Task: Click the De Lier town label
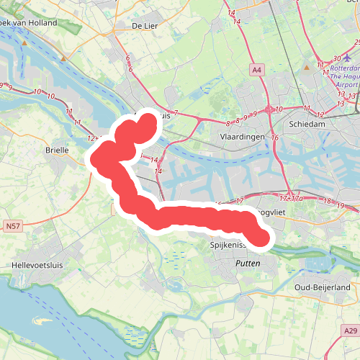coord(145,26)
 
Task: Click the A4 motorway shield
coord(257,69)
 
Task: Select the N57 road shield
coord(12,226)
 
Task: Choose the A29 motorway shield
coord(350,330)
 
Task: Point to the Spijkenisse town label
coord(228,246)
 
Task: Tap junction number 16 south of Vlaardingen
coord(274,137)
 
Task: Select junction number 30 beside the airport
coord(336,59)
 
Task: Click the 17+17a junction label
coord(290,197)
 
